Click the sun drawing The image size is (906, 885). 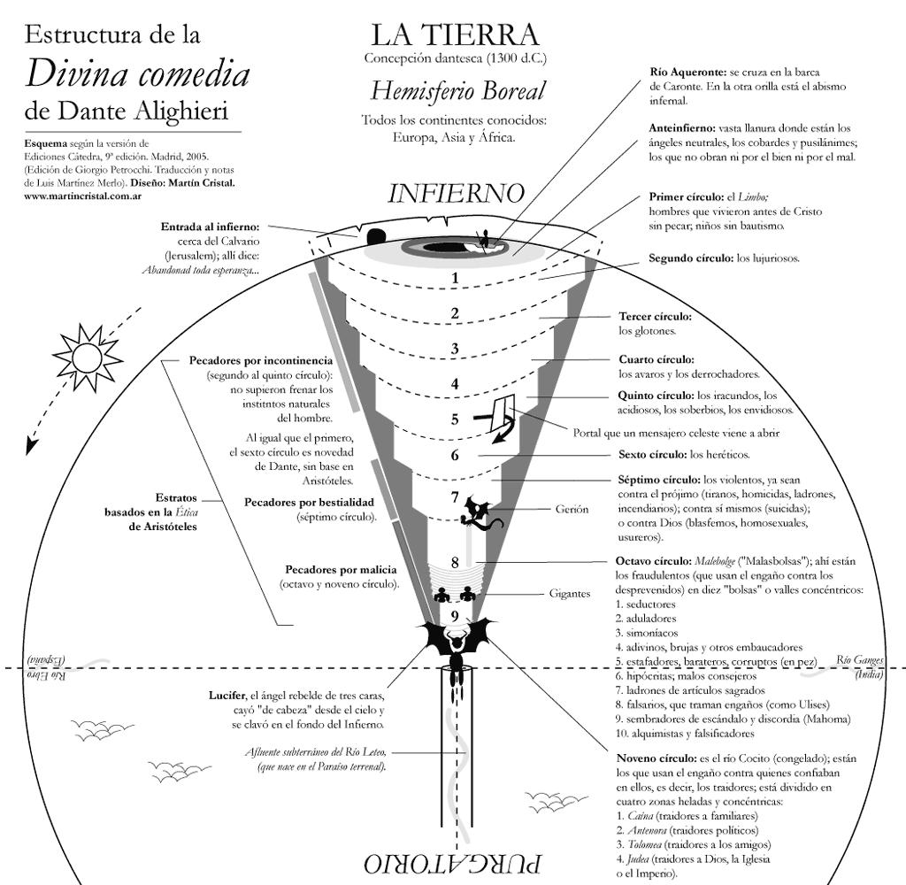click(x=87, y=357)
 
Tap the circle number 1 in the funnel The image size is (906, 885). click(x=455, y=278)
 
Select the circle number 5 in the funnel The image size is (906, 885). click(x=455, y=419)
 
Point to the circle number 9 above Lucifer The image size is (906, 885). click(x=455, y=616)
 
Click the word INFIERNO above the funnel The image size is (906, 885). click(x=456, y=193)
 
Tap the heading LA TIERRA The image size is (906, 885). click(x=455, y=35)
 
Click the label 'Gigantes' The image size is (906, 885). click(x=569, y=594)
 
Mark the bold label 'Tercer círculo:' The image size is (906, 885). click(x=655, y=316)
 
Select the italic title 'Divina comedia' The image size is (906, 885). click(x=137, y=74)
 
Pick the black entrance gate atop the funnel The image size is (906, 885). click(x=375, y=236)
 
